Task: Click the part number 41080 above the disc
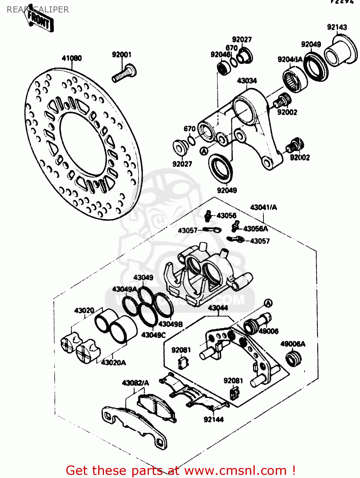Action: coord(71,58)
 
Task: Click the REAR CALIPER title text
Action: coord(38,10)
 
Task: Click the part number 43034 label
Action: coord(247,81)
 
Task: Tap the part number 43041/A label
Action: coord(263,207)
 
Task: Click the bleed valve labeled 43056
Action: coord(208,216)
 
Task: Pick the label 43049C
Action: coord(153,335)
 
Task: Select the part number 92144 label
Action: coord(213,419)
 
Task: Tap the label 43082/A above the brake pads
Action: coord(135,383)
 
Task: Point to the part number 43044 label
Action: coord(218,308)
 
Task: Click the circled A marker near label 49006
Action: coord(268,303)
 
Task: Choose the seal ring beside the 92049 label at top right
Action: coord(316,68)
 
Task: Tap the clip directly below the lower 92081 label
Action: coord(234,393)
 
